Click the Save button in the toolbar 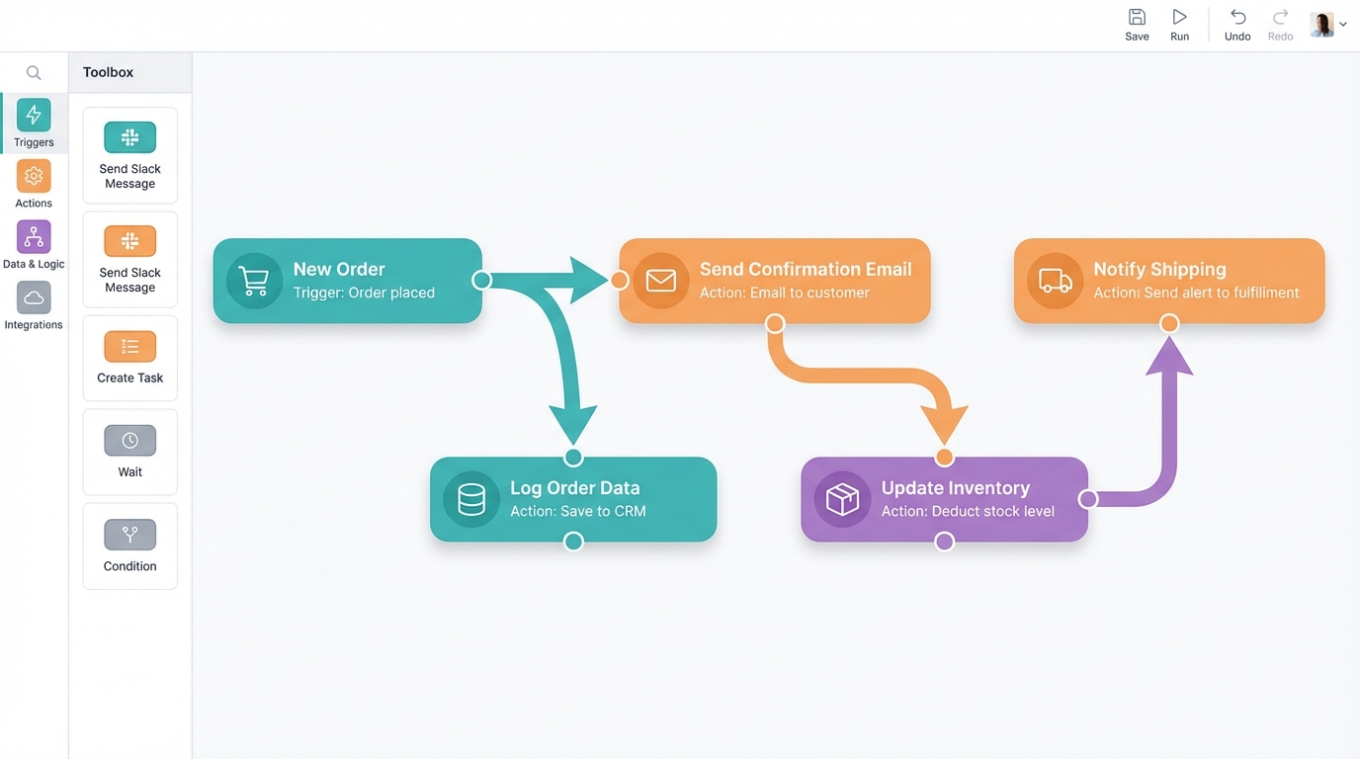(x=1137, y=24)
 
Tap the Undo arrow (x=1237, y=24)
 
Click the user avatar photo (x=1321, y=24)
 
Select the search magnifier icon (x=34, y=72)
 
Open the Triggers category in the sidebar (x=34, y=123)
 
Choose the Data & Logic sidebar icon (x=34, y=244)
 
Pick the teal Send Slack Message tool (x=129, y=154)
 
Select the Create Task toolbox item (x=129, y=358)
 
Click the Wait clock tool (x=129, y=452)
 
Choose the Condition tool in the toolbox (x=129, y=546)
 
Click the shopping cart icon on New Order (x=254, y=282)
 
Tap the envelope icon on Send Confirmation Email (x=660, y=281)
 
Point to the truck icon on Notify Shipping (x=1055, y=281)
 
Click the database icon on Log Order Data (x=471, y=499)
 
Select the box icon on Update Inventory (x=842, y=499)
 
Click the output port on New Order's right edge (x=481, y=280)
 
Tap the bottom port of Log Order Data (x=573, y=542)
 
